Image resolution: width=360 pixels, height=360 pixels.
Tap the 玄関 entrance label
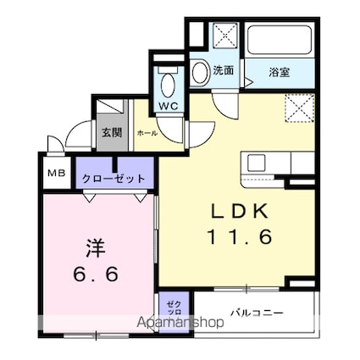pos(111,132)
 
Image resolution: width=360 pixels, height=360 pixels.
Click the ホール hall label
pos(146,134)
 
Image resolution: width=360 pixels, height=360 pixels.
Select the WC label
pos(168,106)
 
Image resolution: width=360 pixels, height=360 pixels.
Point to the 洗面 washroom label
pos(224,71)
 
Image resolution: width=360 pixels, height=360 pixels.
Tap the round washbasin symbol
pos(200,74)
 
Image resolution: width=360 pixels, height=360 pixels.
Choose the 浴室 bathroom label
pos(279,72)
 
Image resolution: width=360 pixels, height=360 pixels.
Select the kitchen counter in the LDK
pos(269,163)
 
